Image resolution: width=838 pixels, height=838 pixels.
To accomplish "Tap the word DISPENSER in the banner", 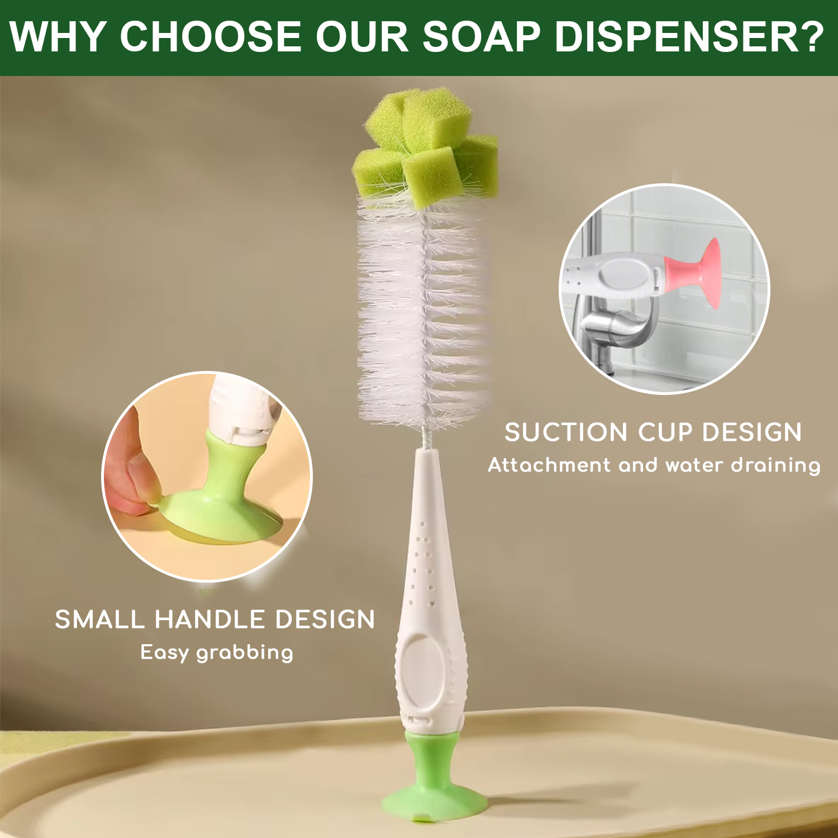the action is pos(677,37).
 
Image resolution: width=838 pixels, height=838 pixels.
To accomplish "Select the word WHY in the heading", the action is pos(58,37).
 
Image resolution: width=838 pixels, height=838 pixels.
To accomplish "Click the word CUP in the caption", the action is pos(665,432).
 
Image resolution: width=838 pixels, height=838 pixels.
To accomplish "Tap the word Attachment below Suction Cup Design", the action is pos(549,465).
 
